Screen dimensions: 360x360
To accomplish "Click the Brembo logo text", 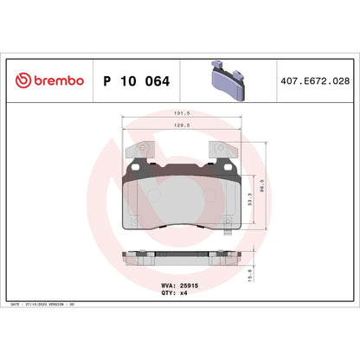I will (x=60, y=80).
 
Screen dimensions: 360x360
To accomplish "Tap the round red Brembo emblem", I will (x=22, y=80).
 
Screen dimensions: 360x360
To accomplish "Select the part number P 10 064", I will (x=136, y=80).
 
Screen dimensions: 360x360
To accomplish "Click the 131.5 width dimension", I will (x=181, y=113).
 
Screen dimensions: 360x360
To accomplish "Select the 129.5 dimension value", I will (x=181, y=125).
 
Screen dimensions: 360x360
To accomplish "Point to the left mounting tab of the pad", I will (x=139, y=151).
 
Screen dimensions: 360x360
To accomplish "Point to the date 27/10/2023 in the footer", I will (x=48, y=305).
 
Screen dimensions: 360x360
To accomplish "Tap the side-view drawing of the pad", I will (x=181, y=257).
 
